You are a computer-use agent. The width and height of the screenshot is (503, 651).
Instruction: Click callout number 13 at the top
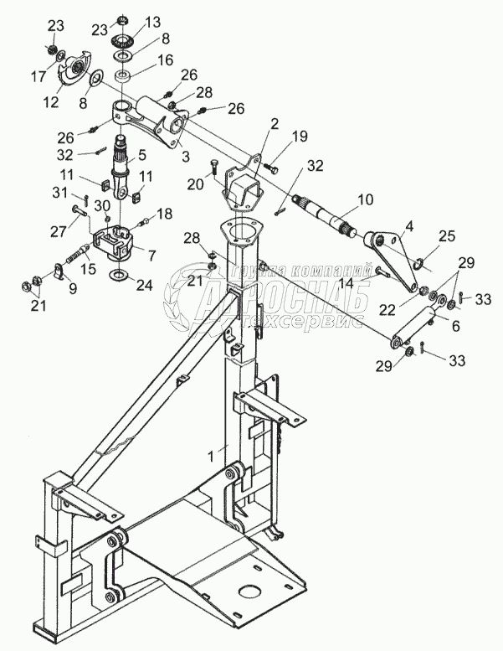point(152,21)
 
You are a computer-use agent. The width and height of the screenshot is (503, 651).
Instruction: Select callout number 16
point(166,61)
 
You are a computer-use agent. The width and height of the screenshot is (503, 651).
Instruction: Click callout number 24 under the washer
point(146,285)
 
